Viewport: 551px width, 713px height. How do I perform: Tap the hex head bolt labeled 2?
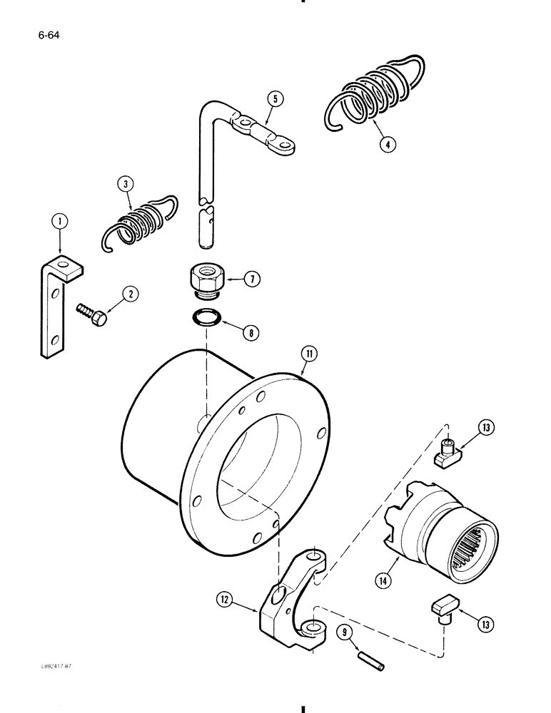(x=92, y=313)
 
